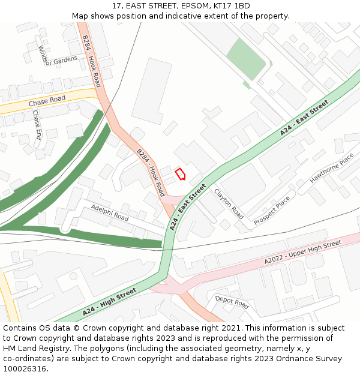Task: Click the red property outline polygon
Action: coord(180,174)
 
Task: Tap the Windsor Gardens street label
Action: coord(58,60)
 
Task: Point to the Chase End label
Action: coord(37,124)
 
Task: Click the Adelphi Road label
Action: coord(110,212)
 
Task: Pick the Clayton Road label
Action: coord(229,203)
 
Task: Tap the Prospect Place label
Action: coord(272,211)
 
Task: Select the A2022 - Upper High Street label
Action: coord(302,252)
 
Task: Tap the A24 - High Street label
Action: coord(110,302)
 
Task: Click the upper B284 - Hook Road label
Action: coord(92,61)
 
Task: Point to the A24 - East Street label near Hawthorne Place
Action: coord(304,118)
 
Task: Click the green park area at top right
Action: coord(246,59)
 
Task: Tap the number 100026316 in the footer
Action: coord(25,369)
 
